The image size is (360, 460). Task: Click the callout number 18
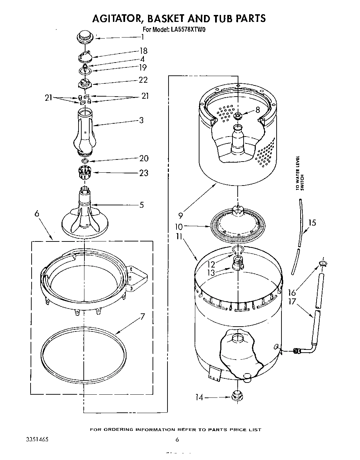(x=143, y=51)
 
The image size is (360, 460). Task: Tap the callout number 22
(x=143, y=80)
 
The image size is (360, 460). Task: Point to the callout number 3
(x=141, y=120)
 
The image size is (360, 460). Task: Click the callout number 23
(x=144, y=173)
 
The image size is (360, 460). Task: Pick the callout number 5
(x=141, y=205)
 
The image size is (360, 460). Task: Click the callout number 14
(x=199, y=397)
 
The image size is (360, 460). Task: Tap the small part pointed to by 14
(x=237, y=396)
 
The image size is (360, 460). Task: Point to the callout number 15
(x=312, y=223)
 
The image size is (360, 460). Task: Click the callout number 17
(x=293, y=302)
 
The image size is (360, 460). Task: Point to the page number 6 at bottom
(x=177, y=440)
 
